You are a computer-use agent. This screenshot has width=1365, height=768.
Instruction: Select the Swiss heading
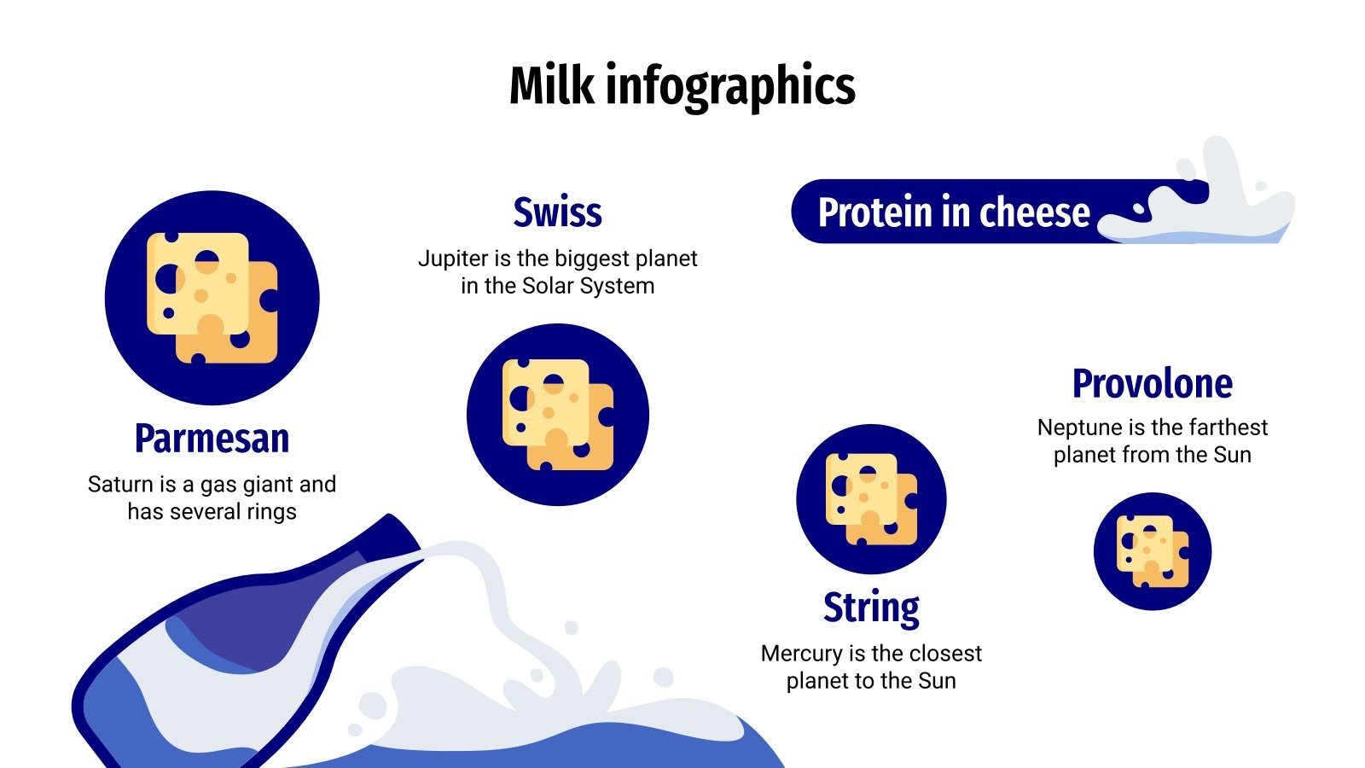pyautogui.click(x=557, y=212)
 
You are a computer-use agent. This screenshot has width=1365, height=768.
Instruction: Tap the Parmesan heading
pyautogui.click(x=212, y=439)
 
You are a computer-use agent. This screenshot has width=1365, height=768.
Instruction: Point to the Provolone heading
pyautogui.click(x=1152, y=384)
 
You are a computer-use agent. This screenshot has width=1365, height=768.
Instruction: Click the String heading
pyautogui.click(x=871, y=608)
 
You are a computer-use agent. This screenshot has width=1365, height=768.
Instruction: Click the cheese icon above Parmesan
pyautogui.click(x=212, y=298)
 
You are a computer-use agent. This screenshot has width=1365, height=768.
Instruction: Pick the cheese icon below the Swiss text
pyautogui.click(x=557, y=415)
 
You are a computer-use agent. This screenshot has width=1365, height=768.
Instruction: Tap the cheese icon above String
pyautogui.click(x=871, y=499)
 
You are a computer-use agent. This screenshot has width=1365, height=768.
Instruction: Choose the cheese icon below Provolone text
pyautogui.click(x=1152, y=551)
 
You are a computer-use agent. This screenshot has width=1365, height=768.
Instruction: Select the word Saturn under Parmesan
pyautogui.click(x=119, y=485)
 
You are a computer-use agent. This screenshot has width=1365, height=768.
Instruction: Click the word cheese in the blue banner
pyautogui.click(x=1034, y=212)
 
